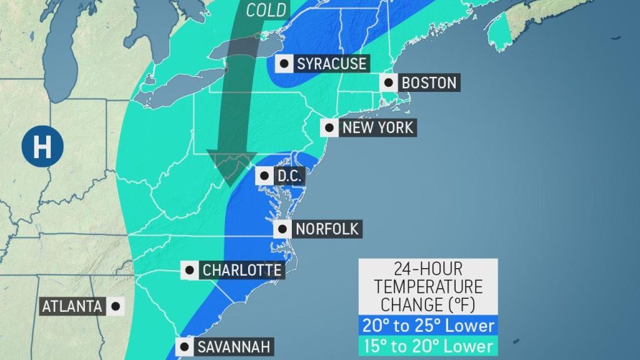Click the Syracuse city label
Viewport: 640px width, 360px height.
[x=331, y=64]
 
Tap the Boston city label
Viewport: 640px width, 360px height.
[x=429, y=82]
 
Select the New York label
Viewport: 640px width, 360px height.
[x=377, y=128]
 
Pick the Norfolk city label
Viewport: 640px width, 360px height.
[x=327, y=229]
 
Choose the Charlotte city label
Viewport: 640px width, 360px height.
[x=241, y=271]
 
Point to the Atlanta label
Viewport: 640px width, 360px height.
[x=72, y=306]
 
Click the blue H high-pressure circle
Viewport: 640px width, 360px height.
[x=42, y=147]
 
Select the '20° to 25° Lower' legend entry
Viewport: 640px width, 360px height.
[x=427, y=325]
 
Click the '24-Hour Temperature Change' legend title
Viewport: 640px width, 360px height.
[x=427, y=287]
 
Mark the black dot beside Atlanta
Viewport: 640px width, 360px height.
[x=115, y=306]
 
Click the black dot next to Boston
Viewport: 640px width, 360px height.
[x=389, y=82]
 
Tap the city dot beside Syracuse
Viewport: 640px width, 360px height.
[x=285, y=64]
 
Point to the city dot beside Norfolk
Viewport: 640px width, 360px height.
[x=283, y=229]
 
